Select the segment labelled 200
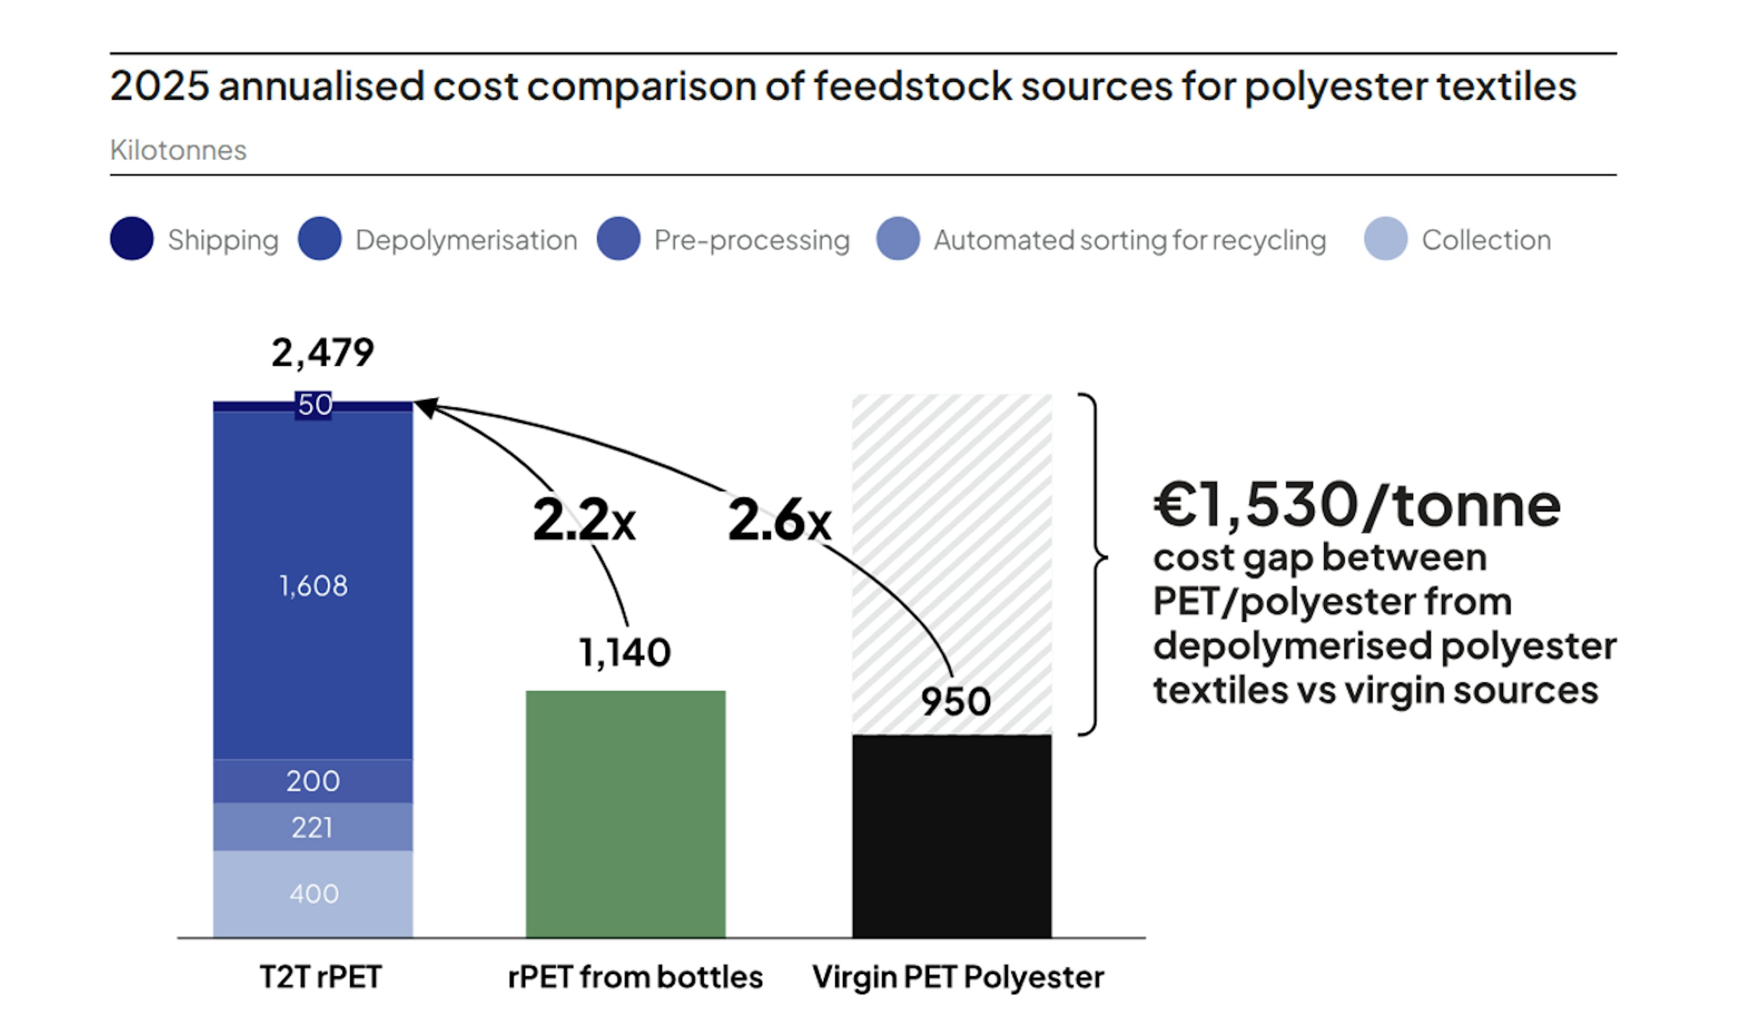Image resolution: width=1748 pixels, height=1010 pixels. click(313, 781)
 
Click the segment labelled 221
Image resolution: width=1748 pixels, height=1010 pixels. click(313, 827)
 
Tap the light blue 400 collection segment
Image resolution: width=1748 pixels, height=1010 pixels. click(313, 893)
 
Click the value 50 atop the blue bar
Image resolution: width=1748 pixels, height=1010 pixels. click(314, 404)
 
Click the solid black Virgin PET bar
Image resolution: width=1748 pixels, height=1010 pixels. click(951, 836)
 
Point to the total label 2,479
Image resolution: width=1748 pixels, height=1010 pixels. click(322, 352)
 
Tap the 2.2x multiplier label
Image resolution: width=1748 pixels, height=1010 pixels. click(584, 520)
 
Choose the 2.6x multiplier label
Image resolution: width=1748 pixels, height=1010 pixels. click(779, 520)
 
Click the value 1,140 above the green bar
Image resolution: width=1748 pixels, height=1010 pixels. click(625, 652)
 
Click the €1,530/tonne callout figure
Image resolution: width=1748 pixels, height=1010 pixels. click(1356, 505)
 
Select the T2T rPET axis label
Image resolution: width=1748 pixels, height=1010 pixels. click(320, 977)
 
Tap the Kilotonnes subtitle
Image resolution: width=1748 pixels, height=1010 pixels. click(178, 150)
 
